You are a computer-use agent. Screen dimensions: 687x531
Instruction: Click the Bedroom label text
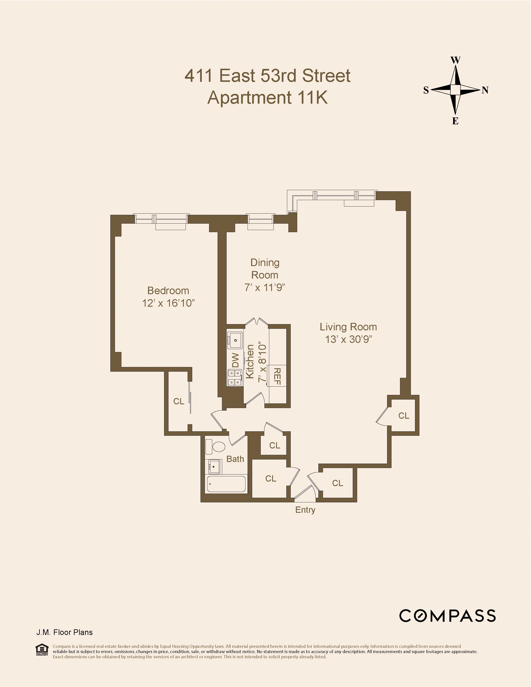[168, 290]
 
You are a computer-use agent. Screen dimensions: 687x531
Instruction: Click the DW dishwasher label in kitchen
[235, 360]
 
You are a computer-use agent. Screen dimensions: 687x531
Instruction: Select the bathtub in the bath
[226, 484]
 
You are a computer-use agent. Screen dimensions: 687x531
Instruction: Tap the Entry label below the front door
[305, 510]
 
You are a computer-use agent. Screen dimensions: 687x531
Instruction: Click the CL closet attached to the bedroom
[178, 401]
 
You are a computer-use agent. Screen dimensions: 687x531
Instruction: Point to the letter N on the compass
[485, 90]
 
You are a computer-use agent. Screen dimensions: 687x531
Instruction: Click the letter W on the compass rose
[455, 60]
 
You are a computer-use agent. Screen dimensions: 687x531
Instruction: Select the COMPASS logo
[447, 616]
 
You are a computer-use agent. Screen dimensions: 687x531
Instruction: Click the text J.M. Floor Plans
[65, 632]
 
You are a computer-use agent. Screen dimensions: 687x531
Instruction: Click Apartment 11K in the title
[267, 97]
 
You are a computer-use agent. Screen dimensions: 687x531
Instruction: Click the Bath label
[235, 459]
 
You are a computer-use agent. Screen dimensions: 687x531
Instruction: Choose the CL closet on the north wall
[404, 416]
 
